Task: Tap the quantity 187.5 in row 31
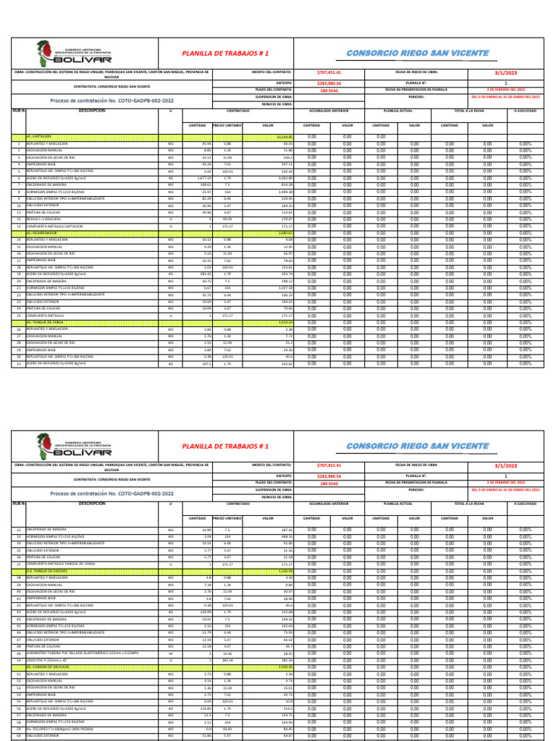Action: [x=206, y=364]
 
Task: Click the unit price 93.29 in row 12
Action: [x=227, y=219]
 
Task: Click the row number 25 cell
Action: [x=18, y=316]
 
